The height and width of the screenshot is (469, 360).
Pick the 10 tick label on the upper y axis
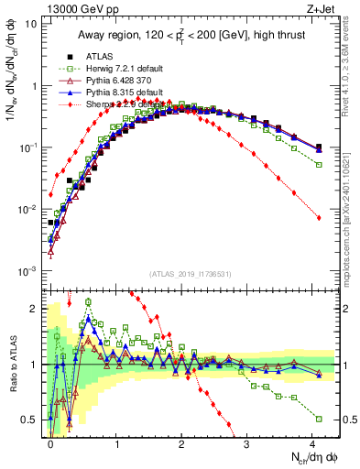click(x=31, y=24)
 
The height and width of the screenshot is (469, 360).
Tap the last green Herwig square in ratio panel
click(x=319, y=419)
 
